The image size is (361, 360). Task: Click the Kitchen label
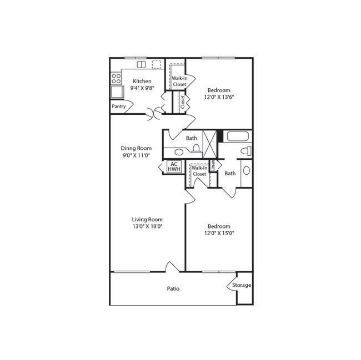coord(141,81)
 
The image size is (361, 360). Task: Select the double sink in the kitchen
coord(141,64)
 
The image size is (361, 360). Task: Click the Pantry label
coord(118,106)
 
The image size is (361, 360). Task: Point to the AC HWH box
coord(173,167)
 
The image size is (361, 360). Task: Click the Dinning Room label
coord(136,149)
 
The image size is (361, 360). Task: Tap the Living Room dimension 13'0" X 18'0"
coord(147,226)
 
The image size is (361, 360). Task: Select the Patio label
coord(173,288)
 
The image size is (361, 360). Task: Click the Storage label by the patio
coord(242,285)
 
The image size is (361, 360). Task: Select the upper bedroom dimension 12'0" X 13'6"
coord(219,97)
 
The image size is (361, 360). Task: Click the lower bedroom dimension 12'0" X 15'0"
coord(219,234)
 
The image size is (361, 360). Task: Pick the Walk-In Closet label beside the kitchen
coord(178,81)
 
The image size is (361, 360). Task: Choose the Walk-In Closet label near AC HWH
coord(199,171)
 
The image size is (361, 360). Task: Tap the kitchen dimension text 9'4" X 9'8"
coord(141,88)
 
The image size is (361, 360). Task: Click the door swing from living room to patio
coord(172,267)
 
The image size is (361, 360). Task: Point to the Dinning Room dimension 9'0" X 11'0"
coord(136,156)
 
